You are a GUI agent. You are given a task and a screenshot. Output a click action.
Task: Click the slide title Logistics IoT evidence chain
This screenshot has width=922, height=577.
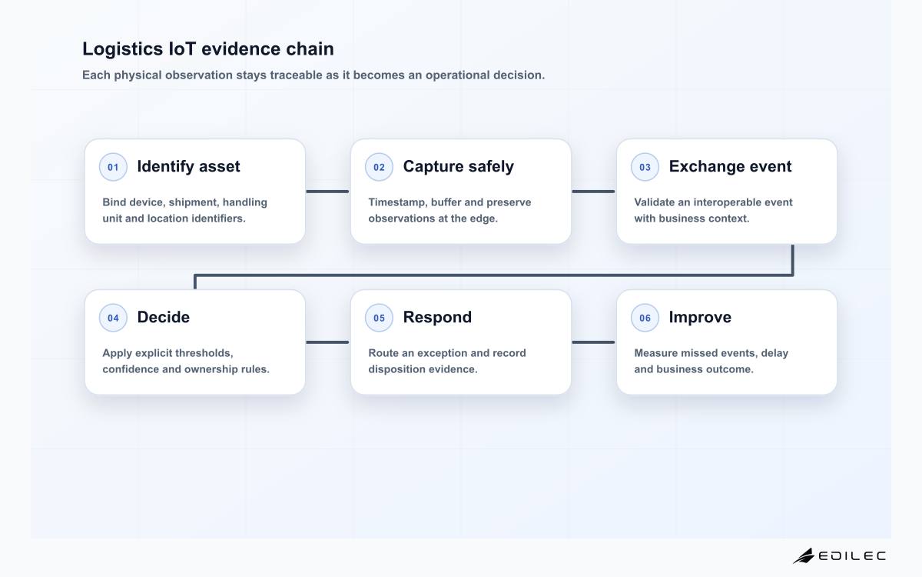point(208,49)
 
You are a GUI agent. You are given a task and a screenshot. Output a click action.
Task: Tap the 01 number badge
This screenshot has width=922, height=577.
point(113,167)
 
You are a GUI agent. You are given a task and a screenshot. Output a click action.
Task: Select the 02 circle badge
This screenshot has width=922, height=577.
point(379,167)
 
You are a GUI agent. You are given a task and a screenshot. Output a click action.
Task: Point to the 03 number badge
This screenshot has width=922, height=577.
point(645,167)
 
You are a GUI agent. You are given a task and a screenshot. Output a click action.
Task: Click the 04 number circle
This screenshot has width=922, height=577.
point(113,318)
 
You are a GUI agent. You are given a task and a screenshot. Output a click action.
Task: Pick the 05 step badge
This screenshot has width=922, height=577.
point(379,318)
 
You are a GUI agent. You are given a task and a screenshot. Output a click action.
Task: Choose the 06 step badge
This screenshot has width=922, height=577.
point(645,318)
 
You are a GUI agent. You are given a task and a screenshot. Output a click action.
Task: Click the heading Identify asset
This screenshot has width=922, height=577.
point(188,167)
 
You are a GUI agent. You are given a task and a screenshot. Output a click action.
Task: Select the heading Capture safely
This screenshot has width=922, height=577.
point(458,167)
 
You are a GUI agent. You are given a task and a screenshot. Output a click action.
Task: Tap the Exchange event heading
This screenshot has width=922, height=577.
point(730,166)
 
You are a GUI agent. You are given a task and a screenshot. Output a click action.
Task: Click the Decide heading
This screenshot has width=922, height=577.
point(164,317)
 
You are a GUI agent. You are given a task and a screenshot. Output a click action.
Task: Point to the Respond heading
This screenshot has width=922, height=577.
point(437,318)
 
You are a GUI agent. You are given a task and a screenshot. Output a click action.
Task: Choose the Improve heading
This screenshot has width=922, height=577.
point(700,318)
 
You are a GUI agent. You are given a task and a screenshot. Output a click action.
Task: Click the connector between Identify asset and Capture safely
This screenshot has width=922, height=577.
point(327,192)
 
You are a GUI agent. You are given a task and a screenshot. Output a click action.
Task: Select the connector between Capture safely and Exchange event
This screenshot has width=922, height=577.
point(593,192)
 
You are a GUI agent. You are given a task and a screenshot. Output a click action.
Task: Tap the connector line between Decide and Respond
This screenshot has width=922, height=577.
point(327,342)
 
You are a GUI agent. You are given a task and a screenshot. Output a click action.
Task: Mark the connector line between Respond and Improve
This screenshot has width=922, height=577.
point(593,342)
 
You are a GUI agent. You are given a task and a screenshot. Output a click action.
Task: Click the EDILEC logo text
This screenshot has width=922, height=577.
point(851,556)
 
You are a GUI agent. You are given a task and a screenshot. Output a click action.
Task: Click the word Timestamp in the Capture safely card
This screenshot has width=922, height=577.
point(396,202)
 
